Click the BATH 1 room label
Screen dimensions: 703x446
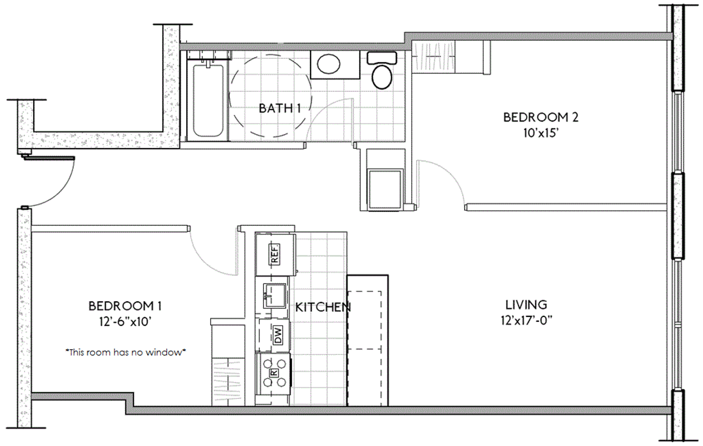(280, 108)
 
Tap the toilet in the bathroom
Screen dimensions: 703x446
(382, 71)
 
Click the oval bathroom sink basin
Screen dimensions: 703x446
(328, 64)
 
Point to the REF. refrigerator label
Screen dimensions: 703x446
(275, 254)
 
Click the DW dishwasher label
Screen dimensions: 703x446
(278, 335)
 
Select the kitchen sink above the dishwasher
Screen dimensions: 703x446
(275, 296)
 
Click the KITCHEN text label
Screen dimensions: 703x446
(323, 308)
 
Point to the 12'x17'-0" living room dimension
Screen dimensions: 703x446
(526, 320)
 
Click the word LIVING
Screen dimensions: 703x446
(526, 305)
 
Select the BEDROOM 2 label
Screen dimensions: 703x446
(541, 117)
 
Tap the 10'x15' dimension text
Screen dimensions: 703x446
(541, 133)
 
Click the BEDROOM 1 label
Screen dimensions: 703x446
(125, 306)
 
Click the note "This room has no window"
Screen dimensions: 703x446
(125, 353)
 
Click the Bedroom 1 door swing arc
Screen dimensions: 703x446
(204, 259)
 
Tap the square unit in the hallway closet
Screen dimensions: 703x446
(385, 190)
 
